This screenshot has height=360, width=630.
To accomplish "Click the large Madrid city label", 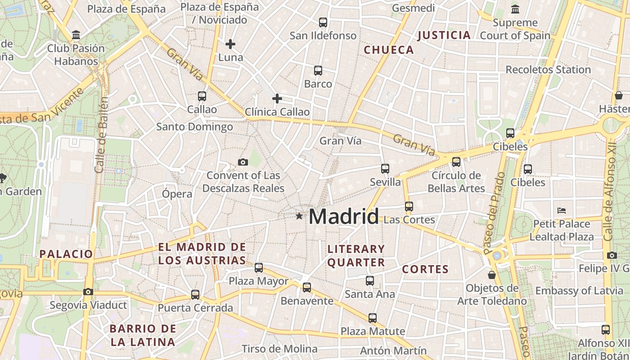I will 344,217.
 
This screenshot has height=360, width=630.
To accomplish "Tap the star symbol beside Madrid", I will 299,216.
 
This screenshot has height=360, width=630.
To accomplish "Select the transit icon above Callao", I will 202,96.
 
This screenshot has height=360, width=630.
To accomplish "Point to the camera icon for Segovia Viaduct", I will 88,292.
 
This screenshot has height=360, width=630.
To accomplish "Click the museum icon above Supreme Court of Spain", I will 515,9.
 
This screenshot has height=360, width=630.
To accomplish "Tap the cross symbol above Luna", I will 230,44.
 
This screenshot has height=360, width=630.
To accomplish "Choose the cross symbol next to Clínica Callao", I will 277,99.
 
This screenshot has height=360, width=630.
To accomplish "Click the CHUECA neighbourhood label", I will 389,50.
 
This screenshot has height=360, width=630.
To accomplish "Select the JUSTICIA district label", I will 444,35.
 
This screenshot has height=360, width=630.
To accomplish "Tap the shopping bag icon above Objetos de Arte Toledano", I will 492,274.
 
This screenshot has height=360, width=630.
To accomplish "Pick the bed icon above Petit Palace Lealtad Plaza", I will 561,210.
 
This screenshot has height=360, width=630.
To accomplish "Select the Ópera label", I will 177,194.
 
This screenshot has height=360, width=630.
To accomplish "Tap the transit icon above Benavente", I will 307,287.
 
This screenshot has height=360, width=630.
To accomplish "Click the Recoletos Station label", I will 548,70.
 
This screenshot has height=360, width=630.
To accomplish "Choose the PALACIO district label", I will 66,254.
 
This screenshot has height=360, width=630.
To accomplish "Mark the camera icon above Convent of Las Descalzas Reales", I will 243,162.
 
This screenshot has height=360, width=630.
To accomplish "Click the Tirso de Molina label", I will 279,349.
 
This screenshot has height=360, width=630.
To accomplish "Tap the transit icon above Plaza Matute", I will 373,318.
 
